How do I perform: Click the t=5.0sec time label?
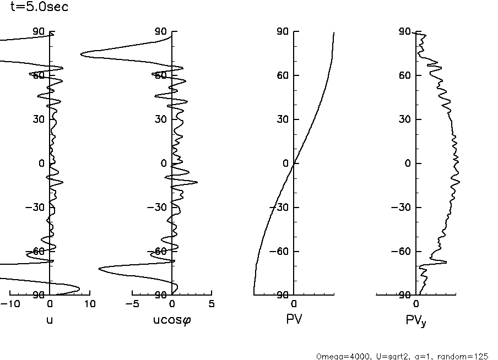click(x=39, y=8)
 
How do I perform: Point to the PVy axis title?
click(x=415, y=320)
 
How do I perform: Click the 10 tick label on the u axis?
click(x=90, y=304)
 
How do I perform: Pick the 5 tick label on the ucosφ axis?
click(x=212, y=304)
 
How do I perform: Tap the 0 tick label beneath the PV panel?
click(x=294, y=304)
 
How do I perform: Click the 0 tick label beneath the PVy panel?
click(x=416, y=304)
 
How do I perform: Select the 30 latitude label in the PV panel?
click(x=283, y=119)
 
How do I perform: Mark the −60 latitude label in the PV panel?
click(x=280, y=251)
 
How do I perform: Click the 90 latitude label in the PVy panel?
click(x=405, y=31)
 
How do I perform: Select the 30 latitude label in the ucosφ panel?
click(x=161, y=119)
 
